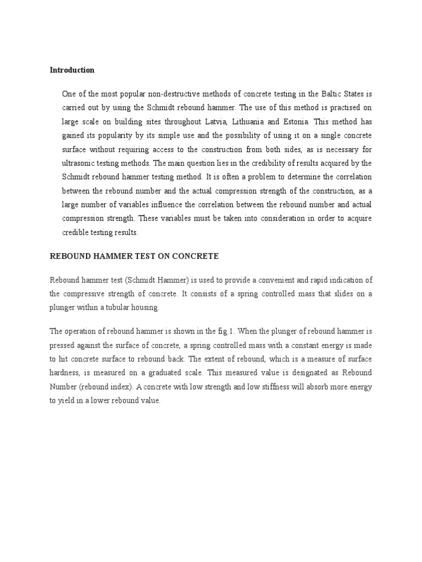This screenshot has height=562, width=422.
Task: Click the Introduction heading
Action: click(x=72, y=70)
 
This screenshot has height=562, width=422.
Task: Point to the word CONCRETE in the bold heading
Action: click(x=196, y=256)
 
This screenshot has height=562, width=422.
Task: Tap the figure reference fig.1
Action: click(x=247, y=331)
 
